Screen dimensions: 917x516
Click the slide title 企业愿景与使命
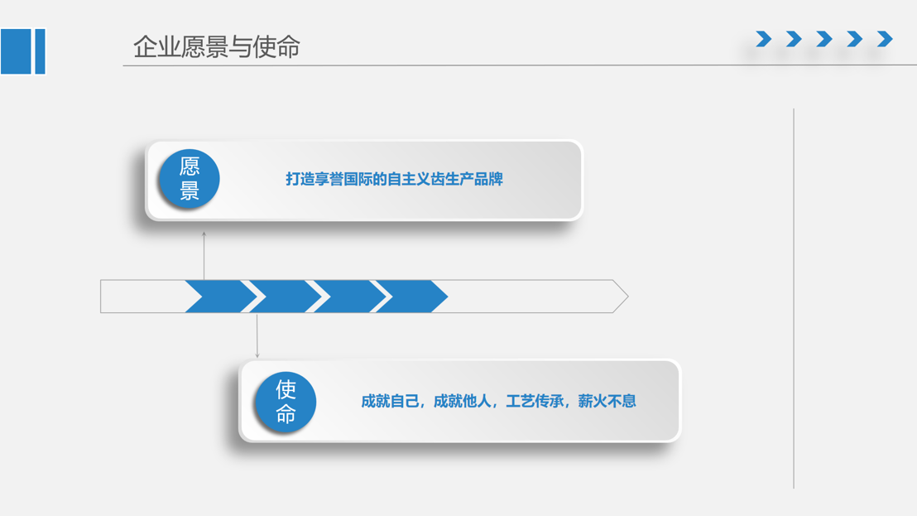tap(216, 47)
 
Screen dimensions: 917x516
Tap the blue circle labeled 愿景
tap(189, 178)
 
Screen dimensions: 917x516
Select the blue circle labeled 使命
tap(286, 402)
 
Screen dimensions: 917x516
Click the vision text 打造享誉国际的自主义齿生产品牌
tap(394, 179)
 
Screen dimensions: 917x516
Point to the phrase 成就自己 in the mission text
tap(390, 402)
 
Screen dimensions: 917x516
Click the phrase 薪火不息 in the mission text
tap(607, 402)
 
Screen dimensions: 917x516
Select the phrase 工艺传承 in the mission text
tap(535, 402)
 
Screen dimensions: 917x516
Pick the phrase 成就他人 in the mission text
tap(462, 402)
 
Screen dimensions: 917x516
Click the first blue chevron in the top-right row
tap(763, 39)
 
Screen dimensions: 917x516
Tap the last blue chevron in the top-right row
tap(885, 39)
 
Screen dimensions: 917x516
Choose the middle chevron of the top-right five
tap(824, 39)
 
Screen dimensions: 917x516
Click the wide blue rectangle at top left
tap(16, 51)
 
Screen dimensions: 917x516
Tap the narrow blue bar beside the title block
tap(41, 51)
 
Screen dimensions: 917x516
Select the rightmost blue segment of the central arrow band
tap(411, 296)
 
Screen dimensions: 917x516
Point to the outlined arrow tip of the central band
tap(628, 296)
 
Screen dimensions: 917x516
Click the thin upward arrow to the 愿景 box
tap(204, 256)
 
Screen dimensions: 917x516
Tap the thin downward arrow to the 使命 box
tap(257, 335)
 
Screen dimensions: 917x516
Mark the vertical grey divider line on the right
tap(794, 298)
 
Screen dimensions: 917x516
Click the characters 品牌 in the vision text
tap(489, 179)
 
